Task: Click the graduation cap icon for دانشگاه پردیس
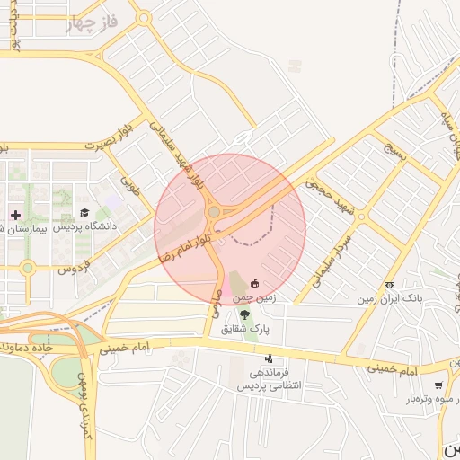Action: (x=85, y=213)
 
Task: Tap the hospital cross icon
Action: (x=15, y=215)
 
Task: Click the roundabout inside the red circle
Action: (x=214, y=212)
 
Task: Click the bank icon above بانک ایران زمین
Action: (x=389, y=284)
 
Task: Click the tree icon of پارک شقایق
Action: (x=244, y=314)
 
